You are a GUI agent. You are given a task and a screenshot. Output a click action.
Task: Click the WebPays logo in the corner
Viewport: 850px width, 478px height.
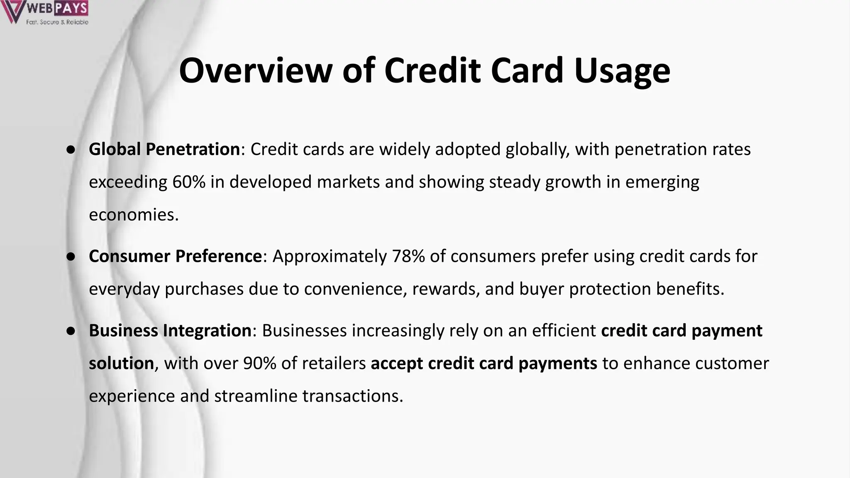[x=45, y=12]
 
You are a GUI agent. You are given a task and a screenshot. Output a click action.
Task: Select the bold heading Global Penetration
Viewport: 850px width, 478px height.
[x=164, y=149]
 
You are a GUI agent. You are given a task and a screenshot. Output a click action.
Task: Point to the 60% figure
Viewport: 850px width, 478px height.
[x=189, y=182]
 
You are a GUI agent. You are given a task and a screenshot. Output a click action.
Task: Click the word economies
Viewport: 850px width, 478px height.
[x=133, y=215]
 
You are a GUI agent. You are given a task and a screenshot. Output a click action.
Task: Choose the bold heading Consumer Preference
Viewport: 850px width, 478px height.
[x=175, y=256]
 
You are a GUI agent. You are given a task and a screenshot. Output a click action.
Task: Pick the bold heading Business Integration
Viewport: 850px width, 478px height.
[x=170, y=331]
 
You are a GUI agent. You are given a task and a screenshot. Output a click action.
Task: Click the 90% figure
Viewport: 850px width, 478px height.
[x=260, y=363]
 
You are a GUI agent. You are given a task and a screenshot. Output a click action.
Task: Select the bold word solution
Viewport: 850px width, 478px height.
[x=121, y=363]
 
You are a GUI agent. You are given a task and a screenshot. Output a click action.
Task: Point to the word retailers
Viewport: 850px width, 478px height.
[x=334, y=363]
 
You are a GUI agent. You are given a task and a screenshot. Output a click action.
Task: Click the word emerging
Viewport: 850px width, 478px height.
[x=662, y=182]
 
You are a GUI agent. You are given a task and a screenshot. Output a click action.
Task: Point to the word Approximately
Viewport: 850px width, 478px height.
[x=330, y=256]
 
